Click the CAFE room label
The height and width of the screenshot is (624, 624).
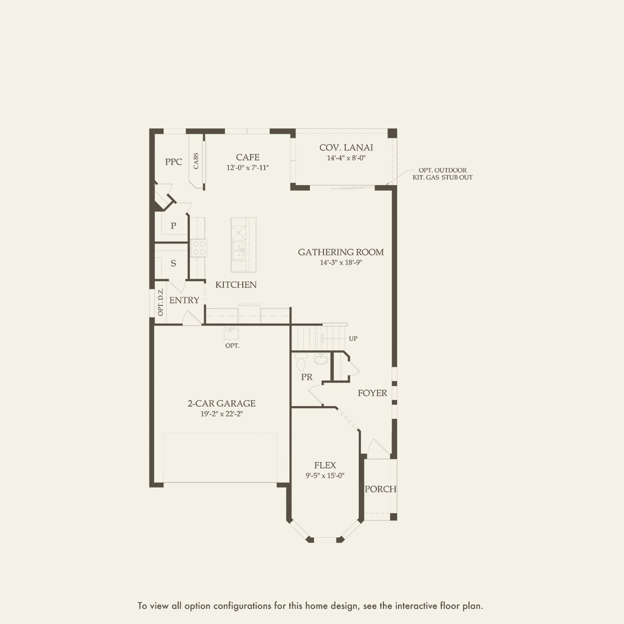click(248, 158)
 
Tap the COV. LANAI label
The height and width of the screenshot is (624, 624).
click(346, 147)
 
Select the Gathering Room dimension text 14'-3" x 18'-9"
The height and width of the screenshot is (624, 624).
click(341, 262)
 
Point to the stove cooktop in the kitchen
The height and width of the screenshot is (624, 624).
click(199, 248)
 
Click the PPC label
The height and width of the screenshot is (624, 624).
click(174, 162)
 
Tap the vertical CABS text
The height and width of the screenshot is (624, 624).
click(196, 161)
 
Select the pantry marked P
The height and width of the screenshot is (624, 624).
click(173, 226)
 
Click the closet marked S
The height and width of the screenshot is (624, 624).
click(173, 264)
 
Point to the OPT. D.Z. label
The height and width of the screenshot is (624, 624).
click(161, 302)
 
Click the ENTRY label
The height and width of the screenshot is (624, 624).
click(184, 300)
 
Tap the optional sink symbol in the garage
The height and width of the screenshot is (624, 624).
click(231, 333)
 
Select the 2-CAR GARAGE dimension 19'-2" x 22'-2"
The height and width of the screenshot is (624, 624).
click(222, 414)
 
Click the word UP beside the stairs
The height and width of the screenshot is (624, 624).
click(353, 339)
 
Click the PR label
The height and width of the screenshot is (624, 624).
click(306, 377)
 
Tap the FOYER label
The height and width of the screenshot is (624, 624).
click(372, 393)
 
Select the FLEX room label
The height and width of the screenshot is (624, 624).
click(325, 465)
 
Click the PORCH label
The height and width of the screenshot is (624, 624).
click(380, 489)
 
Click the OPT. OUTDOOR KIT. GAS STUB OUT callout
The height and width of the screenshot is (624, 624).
click(442, 174)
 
